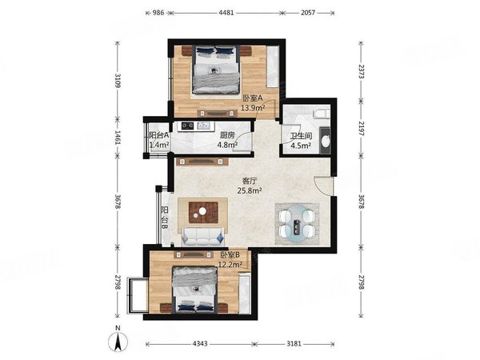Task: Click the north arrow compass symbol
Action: [118, 341]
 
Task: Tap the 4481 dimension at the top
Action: [226, 13]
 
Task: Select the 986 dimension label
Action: [158, 13]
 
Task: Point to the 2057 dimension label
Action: [308, 13]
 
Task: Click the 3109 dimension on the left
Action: [118, 81]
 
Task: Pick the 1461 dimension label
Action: [118, 137]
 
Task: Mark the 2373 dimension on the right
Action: [362, 71]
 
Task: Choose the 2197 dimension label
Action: [362, 129]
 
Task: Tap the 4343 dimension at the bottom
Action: [200, 344]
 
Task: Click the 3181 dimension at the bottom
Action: [294, 344]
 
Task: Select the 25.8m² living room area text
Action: [250, 190]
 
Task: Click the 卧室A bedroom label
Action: [253, 98]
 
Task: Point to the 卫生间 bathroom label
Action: [301, 136]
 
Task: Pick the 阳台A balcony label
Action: [159, 135]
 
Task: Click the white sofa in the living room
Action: [202, 237]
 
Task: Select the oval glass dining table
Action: [297, 224]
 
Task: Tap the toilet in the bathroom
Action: [322, 114]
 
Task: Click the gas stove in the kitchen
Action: [188, 126]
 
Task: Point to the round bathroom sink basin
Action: [326, 142]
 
